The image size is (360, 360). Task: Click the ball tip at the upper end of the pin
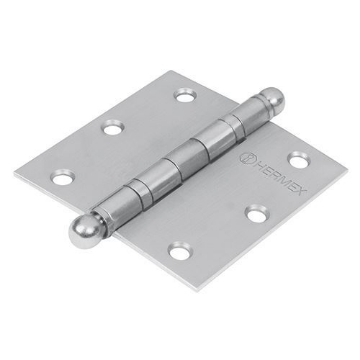(247, 103)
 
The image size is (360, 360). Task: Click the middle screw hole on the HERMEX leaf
(258, 213)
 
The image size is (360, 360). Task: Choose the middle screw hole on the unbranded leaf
(113, 131)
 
